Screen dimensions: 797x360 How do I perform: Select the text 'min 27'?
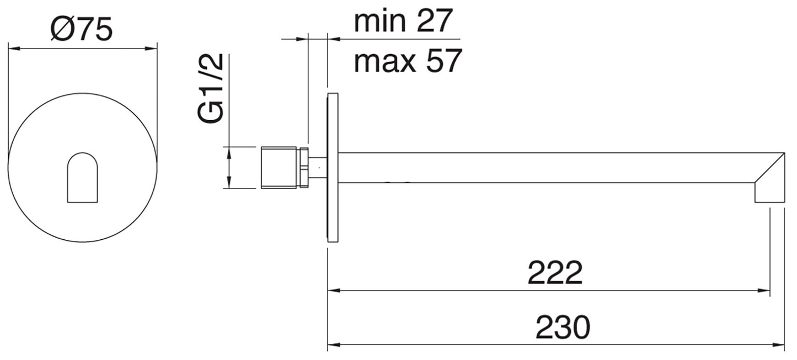tap(403, 21)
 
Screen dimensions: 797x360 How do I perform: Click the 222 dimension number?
tap(555, 272)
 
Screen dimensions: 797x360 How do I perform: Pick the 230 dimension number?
tap(563, 326)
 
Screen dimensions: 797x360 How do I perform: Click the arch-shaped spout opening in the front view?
tap(82, 178)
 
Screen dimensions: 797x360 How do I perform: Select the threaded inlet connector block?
tap(279, 167)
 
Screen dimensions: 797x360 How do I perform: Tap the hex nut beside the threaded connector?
tap(303, 167)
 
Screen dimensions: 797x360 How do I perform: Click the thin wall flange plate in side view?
tap(333, 168)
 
